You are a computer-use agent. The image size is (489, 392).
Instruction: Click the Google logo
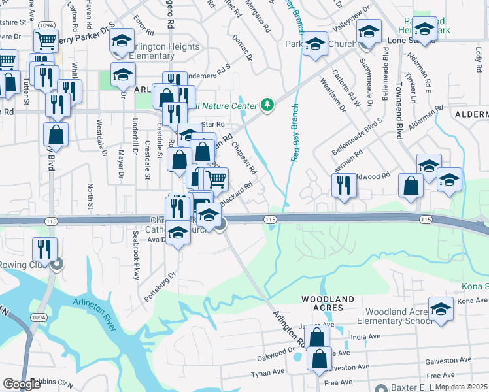pos(22,384)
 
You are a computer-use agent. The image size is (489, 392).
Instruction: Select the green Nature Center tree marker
pos(267,105)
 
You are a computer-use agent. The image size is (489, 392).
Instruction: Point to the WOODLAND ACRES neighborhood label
pos(328,299)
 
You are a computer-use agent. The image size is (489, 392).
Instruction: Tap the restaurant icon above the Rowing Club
pos(45,249)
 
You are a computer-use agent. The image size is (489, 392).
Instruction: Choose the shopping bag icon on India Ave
pos(316,337)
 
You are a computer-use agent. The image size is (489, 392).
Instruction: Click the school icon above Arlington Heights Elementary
pos(121,41)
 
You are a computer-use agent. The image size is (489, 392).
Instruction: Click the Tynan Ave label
pos(268,372)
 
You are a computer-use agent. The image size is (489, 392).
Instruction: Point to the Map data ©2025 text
pos(462,387)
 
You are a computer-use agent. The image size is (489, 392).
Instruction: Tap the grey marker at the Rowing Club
pos(57,265)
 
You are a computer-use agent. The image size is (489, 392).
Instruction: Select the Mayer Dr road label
pos(120,163)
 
